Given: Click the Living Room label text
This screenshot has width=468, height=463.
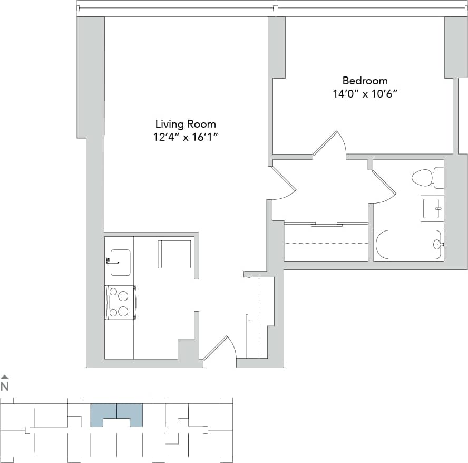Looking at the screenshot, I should tap(186, 124).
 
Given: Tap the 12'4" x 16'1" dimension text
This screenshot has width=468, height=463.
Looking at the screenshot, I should tap(186, 137).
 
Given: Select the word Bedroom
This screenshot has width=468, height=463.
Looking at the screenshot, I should tap(365, 81).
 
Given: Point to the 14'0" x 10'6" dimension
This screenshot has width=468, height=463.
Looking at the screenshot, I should tap(365, 94).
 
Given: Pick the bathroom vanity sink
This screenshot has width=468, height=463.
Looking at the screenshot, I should tap(432, 208).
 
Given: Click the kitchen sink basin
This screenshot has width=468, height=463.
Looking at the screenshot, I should tap(120, 262).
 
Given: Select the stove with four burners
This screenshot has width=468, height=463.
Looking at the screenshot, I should tap(121, 302).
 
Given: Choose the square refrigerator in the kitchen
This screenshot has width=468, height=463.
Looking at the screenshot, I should tap(174, 254).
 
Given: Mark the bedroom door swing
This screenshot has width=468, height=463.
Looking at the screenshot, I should tap(330, 144).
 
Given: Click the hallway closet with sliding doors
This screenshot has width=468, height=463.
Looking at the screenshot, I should tap(326, 243).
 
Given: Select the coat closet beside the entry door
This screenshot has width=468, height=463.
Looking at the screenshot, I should tap(260, 316).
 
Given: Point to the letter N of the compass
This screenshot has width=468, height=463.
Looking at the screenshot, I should tap(5, 386).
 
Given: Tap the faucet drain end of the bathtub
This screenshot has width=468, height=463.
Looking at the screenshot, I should tap(437, 245).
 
